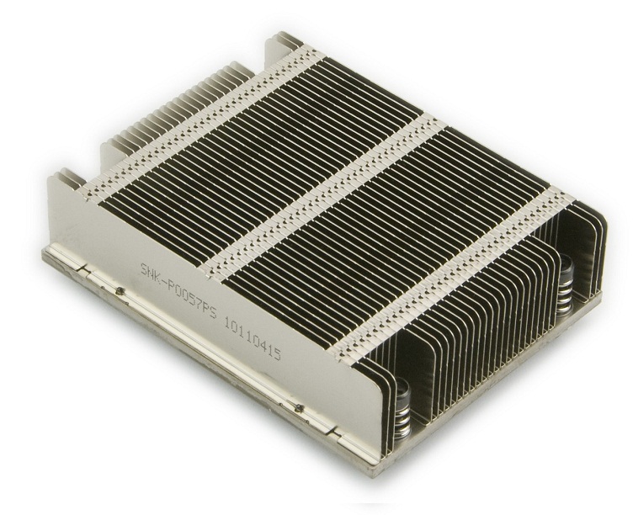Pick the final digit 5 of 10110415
click(x=275, y=348)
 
